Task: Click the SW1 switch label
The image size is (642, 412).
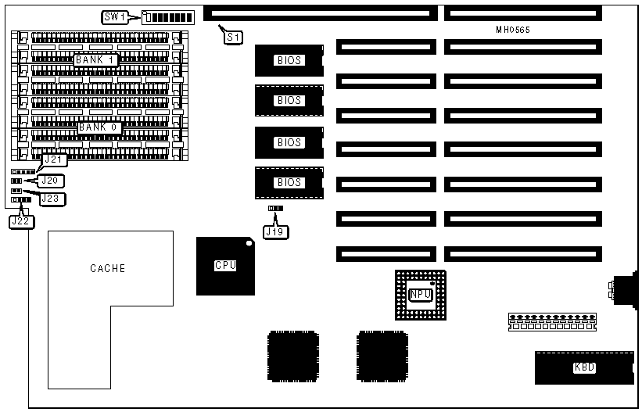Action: (x=113, y=17)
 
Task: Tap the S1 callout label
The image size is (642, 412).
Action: (x=232, y=37)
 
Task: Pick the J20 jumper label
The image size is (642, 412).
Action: (x=53, y=180)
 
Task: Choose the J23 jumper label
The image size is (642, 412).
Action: (x=52, y=199)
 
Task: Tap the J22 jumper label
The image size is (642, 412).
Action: (x=21, y=221)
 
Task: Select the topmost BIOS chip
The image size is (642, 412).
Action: (x=289, y=60)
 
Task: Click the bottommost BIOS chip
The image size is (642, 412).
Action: (x=289, y=182)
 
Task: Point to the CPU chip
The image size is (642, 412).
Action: (x=225, y=266)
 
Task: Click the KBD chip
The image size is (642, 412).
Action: (x=583, y=367)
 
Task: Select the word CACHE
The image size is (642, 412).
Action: (x=108, y=268)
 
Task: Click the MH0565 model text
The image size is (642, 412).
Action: (x=511, y=29)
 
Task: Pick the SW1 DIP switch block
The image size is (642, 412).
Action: (x=169, y=17)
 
